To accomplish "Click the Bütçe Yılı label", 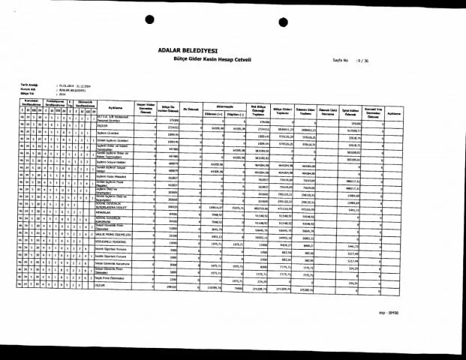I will click(29, 91).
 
